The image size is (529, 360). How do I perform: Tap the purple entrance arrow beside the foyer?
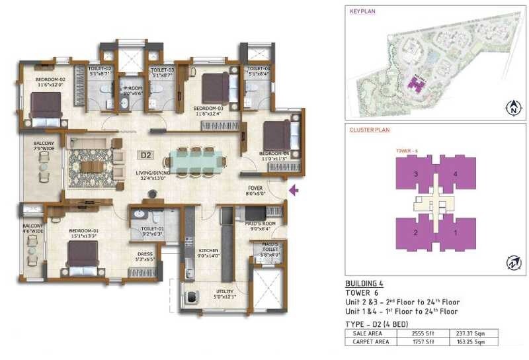(x=294, y=191)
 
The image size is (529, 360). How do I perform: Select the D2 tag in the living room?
(x=145, y=156)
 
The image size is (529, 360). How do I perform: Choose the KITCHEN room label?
(x=208, y=250)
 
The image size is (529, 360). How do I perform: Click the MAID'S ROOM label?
(x=255, y=225)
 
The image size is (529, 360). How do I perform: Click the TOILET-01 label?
(x=153, y=229)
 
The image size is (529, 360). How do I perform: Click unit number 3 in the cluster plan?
(x=415, y=174)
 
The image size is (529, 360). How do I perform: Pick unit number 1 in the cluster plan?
(x=455, y=232)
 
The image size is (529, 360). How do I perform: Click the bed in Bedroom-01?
(x=81, y=253)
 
